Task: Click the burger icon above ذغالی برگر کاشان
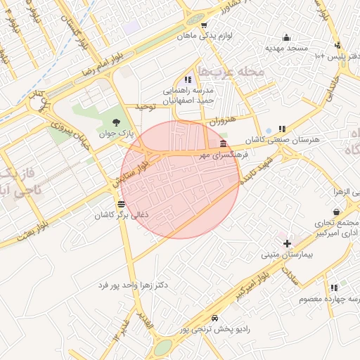122,205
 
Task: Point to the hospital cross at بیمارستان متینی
287,243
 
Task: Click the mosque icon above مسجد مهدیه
285,38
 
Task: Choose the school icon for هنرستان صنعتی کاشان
282,129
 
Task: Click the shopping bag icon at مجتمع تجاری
336,212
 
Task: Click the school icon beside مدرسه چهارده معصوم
333,287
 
